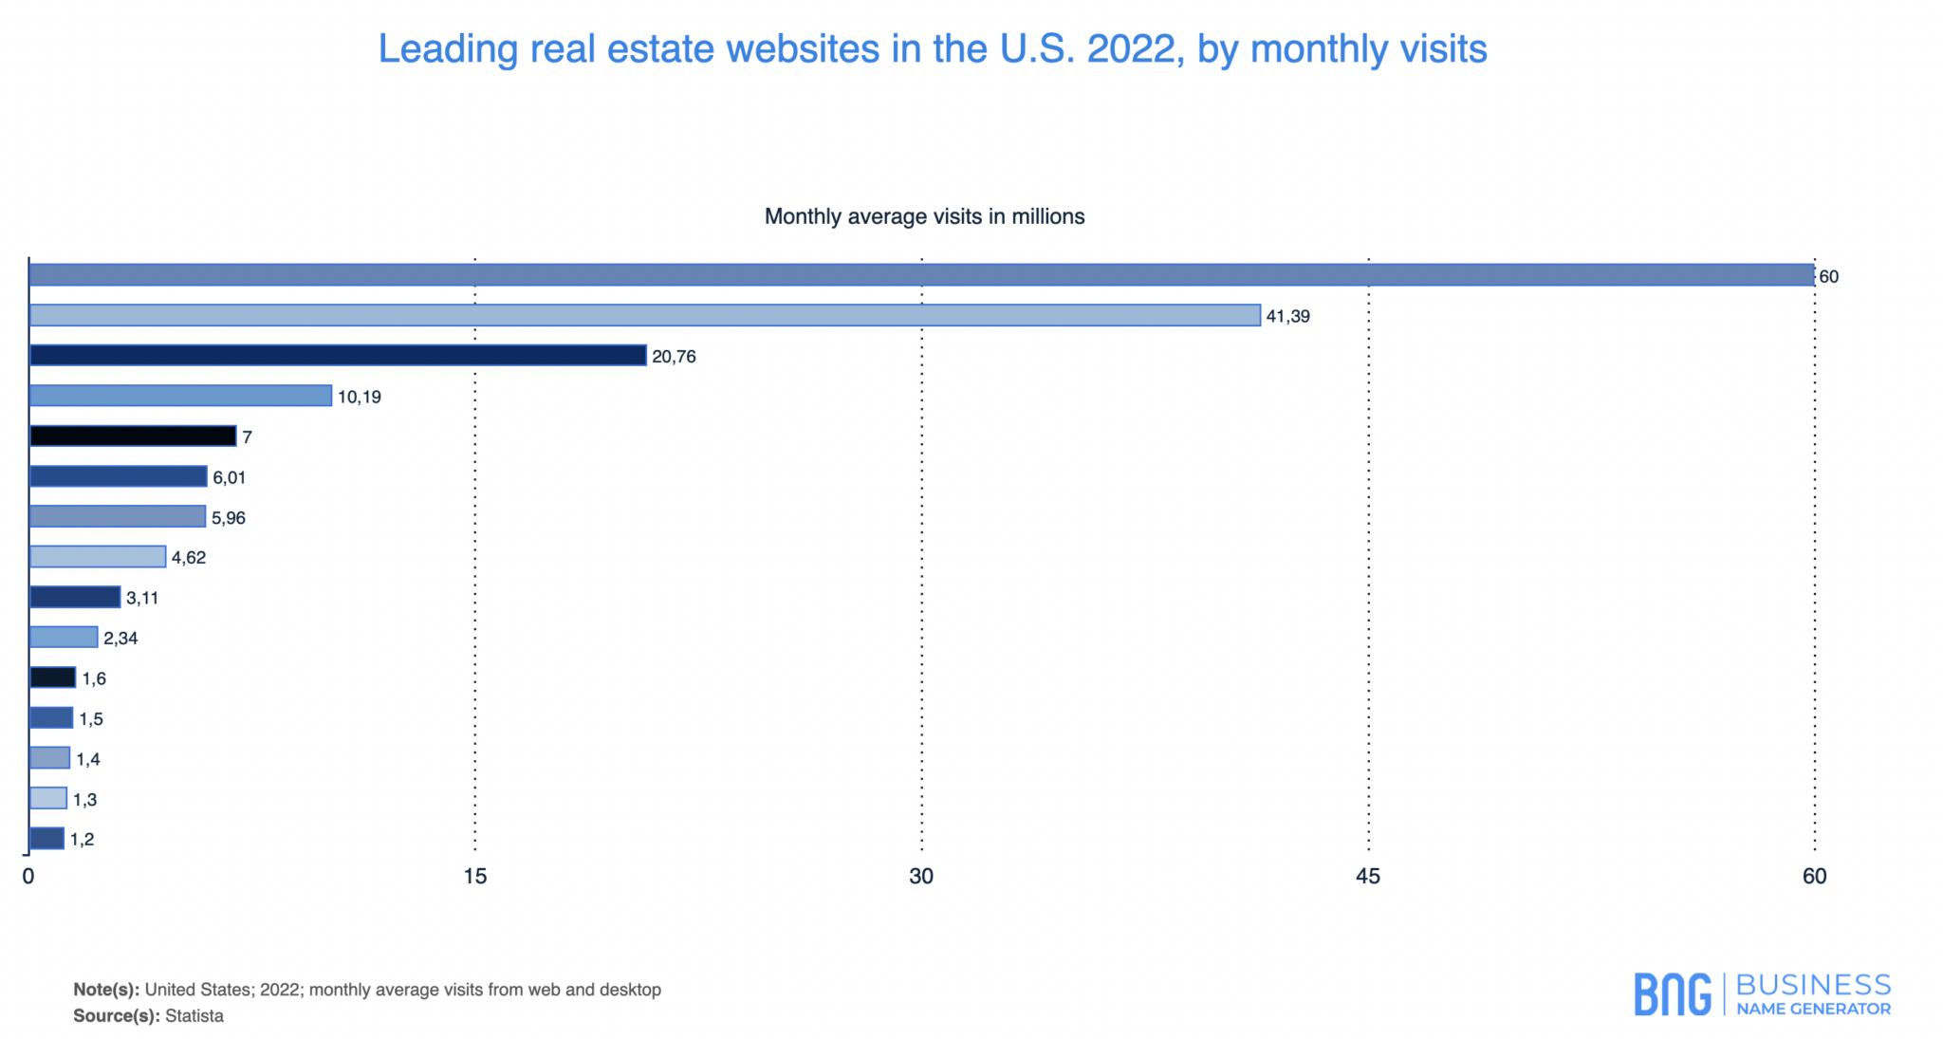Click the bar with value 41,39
[645, 315]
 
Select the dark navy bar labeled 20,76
[338, 356]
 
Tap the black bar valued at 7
[133, 436]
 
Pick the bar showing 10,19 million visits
[180, 396]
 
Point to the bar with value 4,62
[98, 557]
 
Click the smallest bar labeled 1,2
[46, 839]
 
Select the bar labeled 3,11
[75, 598]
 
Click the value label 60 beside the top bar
[1828, 277]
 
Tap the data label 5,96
[229, 518]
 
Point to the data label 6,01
[230, 477]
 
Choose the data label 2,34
[120, 639]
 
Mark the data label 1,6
[94, 678]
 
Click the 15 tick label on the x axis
[474, 877]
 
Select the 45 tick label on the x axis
[1367, 877]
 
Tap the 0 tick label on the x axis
[28, 877]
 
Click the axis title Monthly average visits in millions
[924, 217]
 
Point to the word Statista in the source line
[194, 1016]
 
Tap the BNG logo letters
[1673, 994]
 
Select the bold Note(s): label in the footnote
[106, 990]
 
